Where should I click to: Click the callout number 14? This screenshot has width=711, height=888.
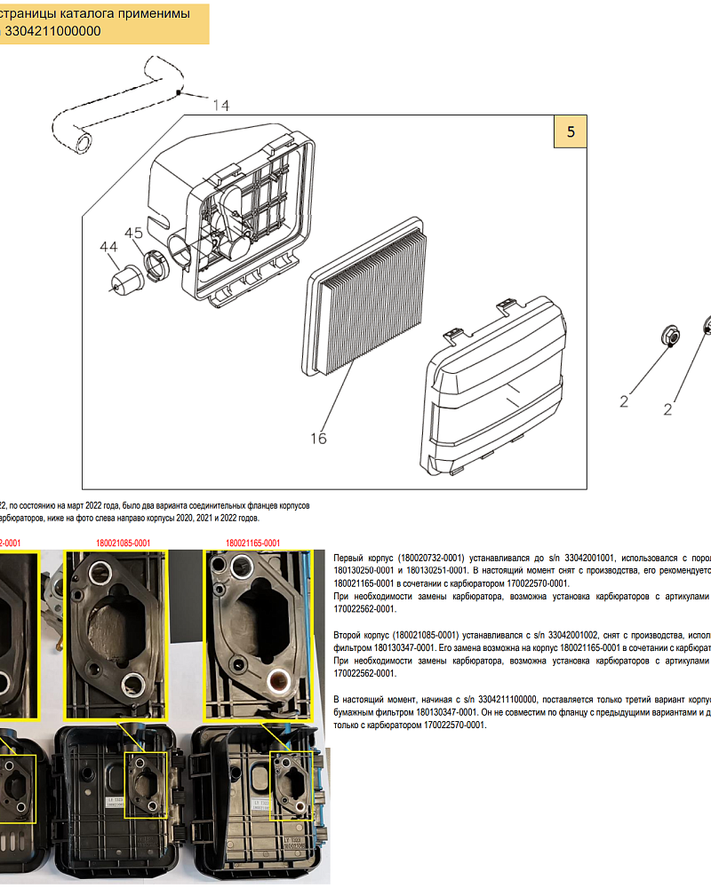click(x=220, y=106)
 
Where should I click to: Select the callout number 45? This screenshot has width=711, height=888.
click(x=133, y=233)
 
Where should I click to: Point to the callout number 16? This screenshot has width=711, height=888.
click(x=318, y=438)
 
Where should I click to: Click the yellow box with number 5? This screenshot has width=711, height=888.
click(x=571, y=131)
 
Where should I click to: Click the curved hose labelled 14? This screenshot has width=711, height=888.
click(x=116, y=102)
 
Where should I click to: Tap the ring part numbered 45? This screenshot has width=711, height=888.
click(x=155, y=266)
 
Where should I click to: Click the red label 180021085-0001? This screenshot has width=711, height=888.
click(x=123, y=543)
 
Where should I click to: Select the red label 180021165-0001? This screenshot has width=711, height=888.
click(x=253, y=543)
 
